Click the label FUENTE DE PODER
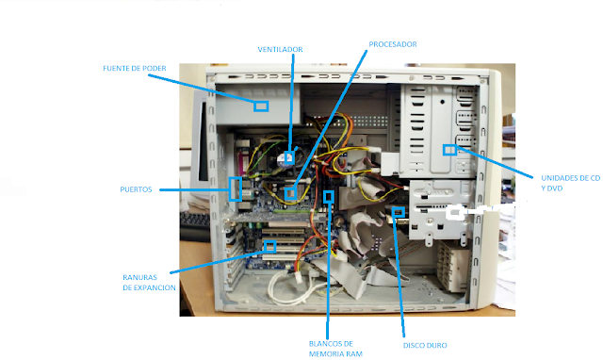click(x=135, y=69)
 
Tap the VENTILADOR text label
click(x=280, y=49)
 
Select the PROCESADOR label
click(x=392, y=44)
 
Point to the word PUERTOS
click(x=138, y=189)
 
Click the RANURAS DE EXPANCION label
click(x=149, y=282)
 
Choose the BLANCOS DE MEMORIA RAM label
click(x=330, y=348)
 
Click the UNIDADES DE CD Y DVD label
click(x=570, y=182)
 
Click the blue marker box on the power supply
click(x=261, y=106)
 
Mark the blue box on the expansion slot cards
click(x=270, y=247)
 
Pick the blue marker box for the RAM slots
click(x=329, y=197)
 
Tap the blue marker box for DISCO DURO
click(x=398, y=211)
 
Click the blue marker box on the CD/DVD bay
click(x=449, y=149)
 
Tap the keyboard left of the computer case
click(x=194, y=222)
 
